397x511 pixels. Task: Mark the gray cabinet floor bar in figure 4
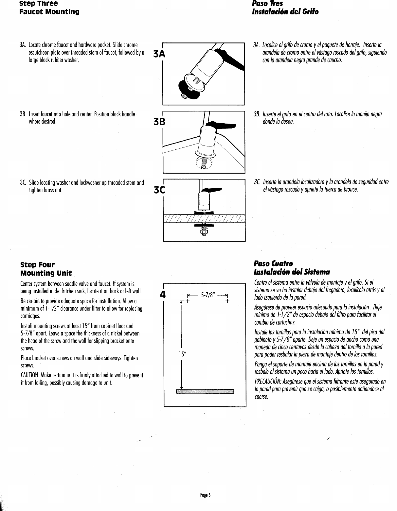point(205,392)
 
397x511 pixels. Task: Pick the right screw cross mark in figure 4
point(227,301)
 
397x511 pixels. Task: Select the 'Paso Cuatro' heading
point(268,264)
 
